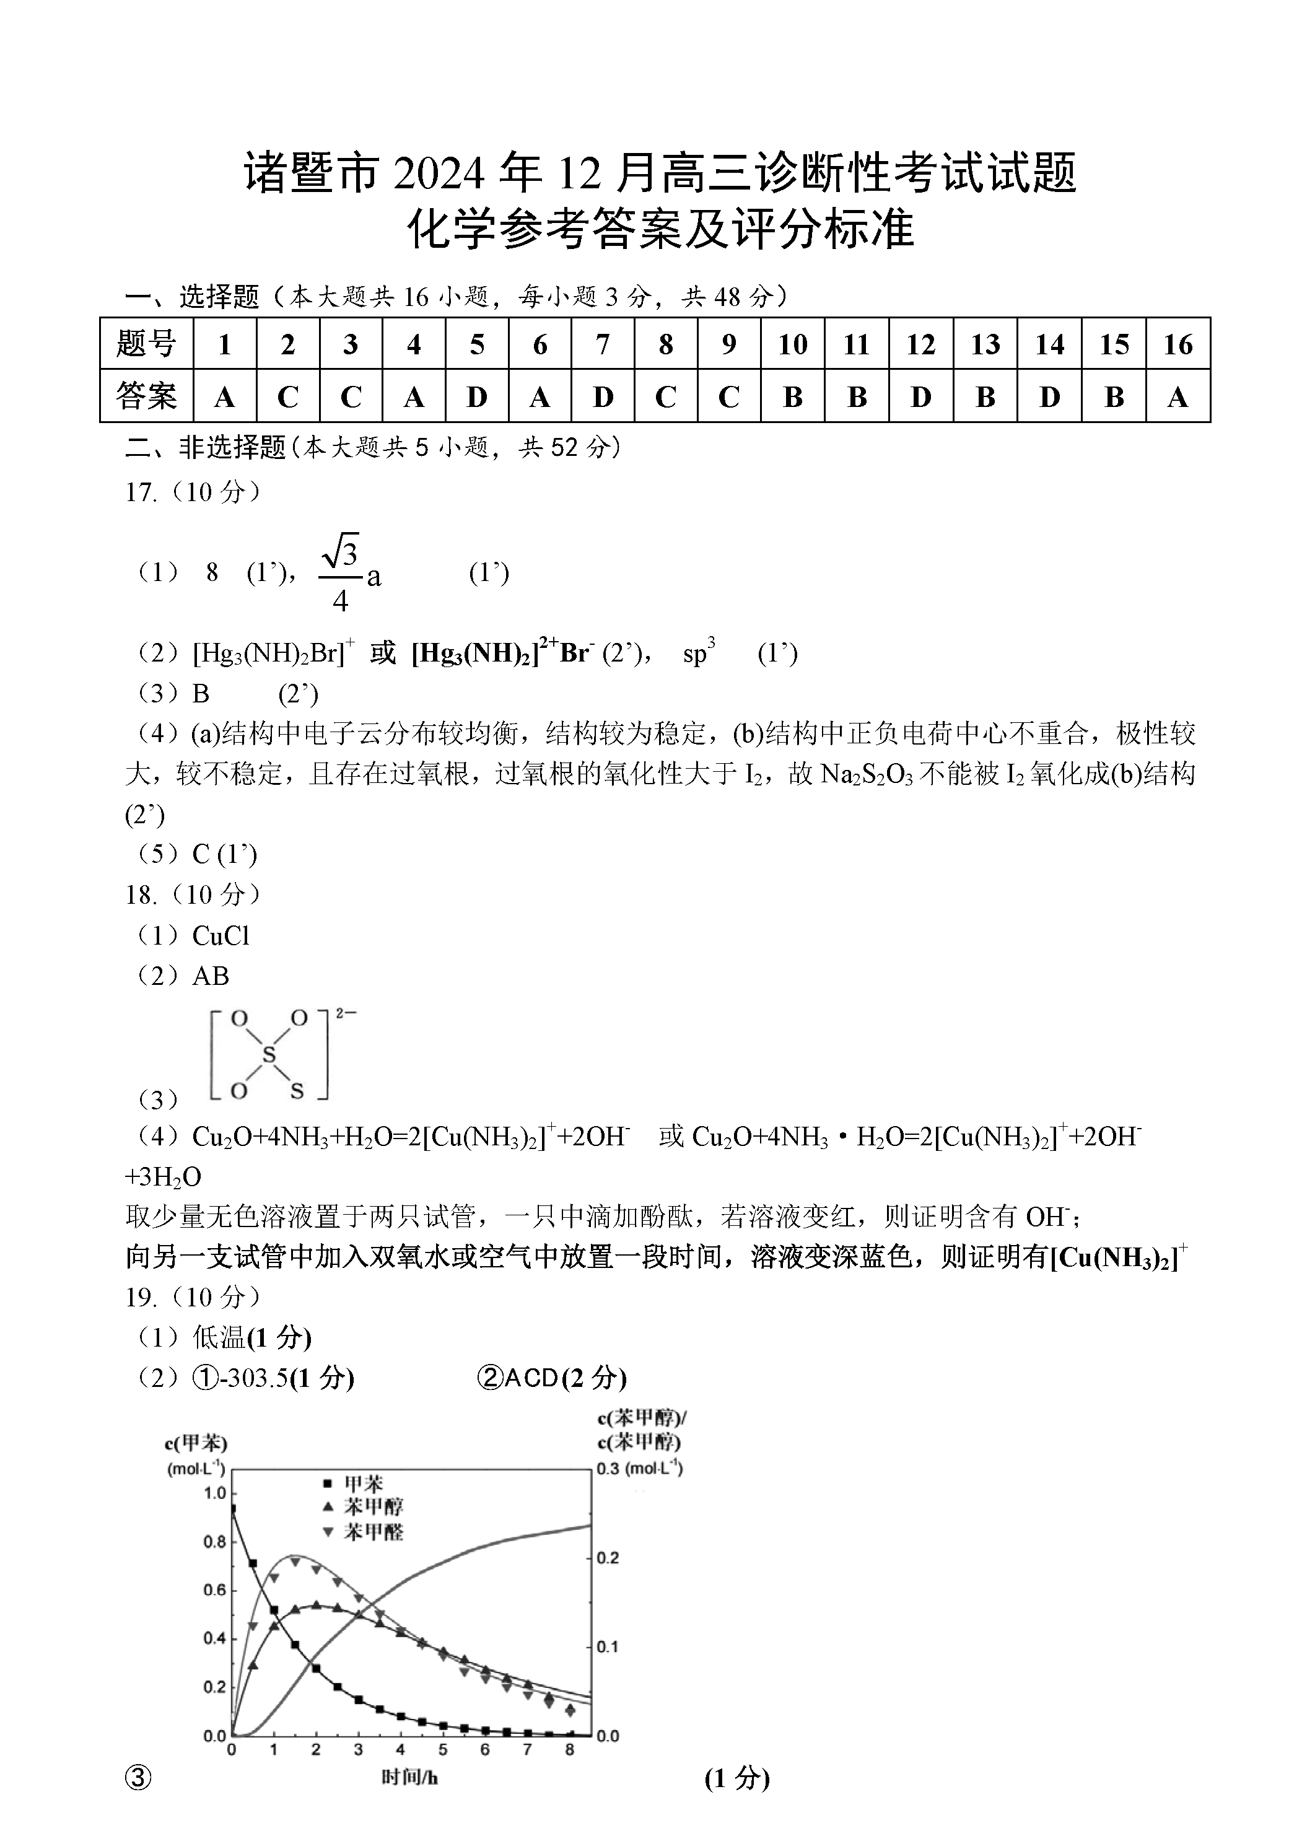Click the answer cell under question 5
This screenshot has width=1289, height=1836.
(476, 396)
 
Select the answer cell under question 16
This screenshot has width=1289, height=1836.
(1177, 396)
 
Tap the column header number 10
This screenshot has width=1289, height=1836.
(792, 344)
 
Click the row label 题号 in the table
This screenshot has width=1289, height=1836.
(146, 344)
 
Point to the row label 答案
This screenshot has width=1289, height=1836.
(146, 396)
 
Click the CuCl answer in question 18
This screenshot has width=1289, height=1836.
(221, 935)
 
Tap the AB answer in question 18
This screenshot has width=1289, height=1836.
(211, 976)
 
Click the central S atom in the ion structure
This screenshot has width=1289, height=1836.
(269, 1056)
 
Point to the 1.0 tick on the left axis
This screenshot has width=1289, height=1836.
(214, 1493)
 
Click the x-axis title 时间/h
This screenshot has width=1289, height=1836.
(409, 1777)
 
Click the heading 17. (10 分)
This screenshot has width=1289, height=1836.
(193, 492)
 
